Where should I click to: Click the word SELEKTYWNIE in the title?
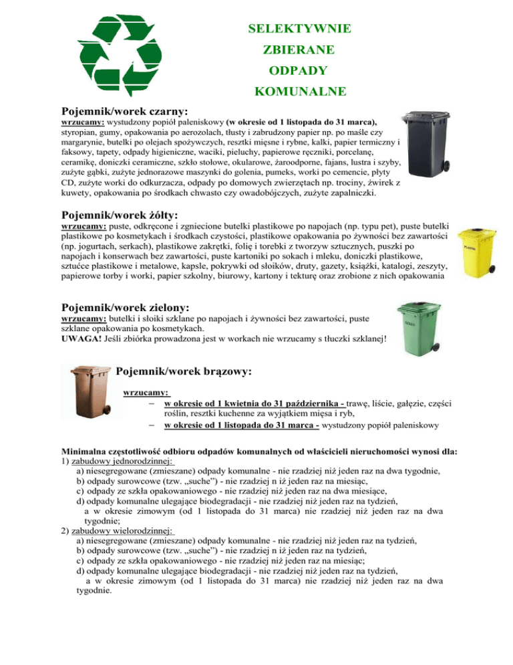point(299,29)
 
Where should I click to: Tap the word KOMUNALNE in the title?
point(299,90)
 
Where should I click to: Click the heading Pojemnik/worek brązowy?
point(184,370)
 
